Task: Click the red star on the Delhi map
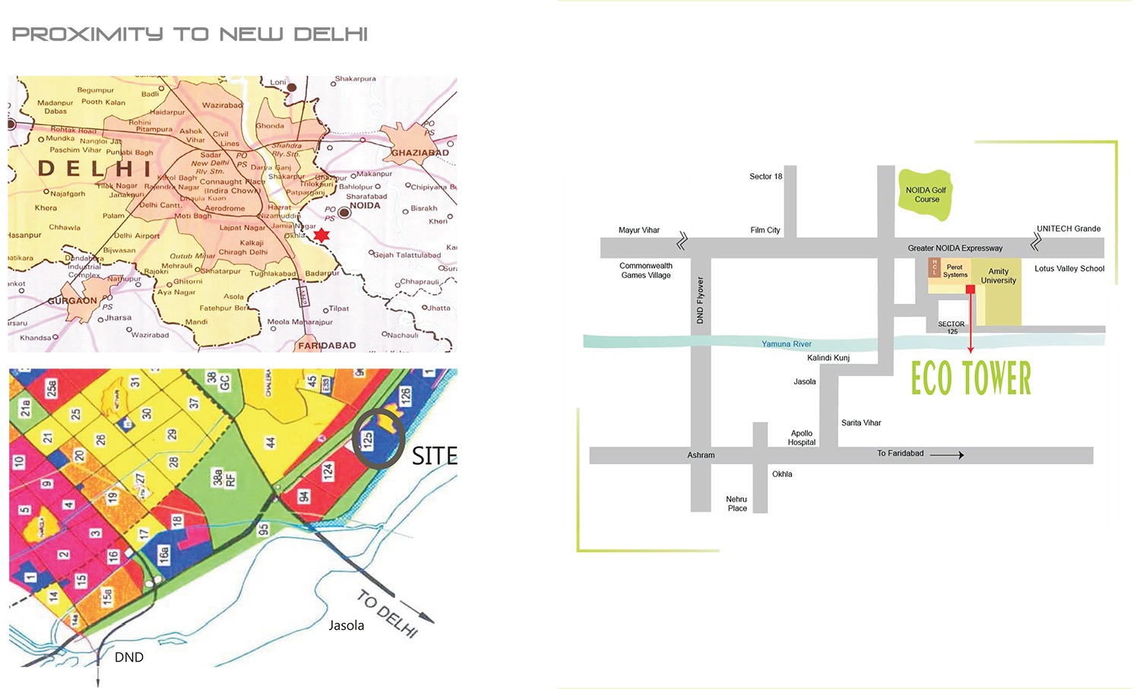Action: click(321, 235)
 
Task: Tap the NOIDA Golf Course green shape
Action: click(925, 195)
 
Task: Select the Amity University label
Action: click(998, 276)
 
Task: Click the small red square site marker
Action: click(971, 289)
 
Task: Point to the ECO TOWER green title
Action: click(971, 378)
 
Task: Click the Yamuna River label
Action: click(787, 344)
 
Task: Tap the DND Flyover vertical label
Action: click(700, 300)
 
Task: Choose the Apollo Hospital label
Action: click(802, 438)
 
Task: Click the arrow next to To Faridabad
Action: click(947, 455)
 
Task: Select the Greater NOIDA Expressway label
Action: click(955, 248)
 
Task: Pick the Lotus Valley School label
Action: click(1069, 269)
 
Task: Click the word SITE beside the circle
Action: click(434, 456)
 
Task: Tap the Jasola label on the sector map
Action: click(346, 626)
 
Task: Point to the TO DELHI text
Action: click(388, 614)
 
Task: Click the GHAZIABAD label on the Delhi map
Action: click(420, 153)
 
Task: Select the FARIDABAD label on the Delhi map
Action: click(327, 346)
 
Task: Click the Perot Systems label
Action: click(955, 271)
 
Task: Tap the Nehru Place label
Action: click(736, 504)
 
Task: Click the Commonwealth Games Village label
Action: click(646, 270)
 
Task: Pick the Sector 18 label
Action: click(765, 176)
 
